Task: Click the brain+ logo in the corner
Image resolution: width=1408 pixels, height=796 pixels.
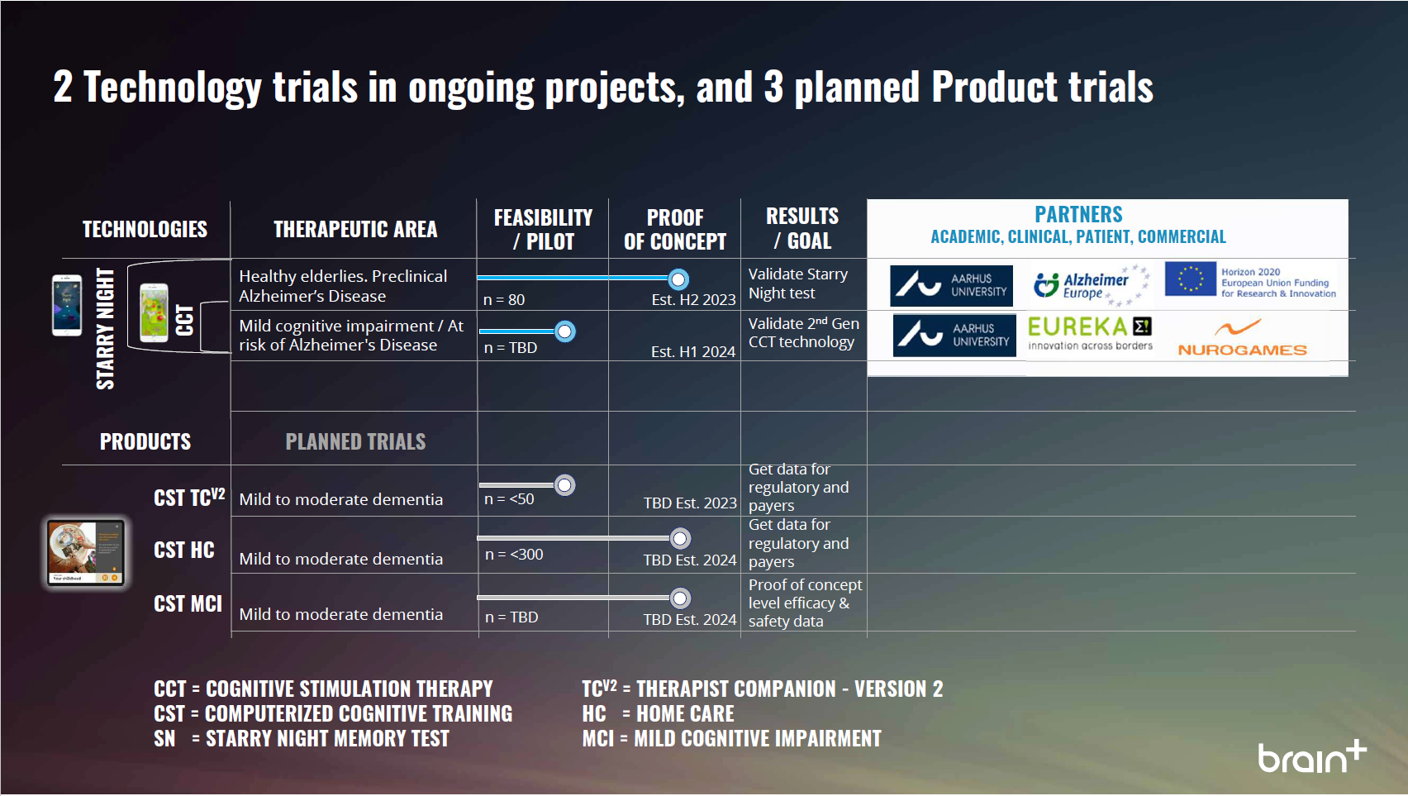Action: click(x=1312, y=755)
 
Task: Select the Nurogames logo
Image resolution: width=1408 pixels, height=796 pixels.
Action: click(x=1242, y=338)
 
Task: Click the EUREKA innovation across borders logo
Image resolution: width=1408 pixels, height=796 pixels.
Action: click(x=1090, y=333)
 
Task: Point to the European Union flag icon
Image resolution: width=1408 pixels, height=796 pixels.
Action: click(x=1190, y=279)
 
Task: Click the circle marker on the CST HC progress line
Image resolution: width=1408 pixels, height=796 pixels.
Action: click(x=679, y=539)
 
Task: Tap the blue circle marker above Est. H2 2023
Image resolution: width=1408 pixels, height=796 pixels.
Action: click(x=678, y=279)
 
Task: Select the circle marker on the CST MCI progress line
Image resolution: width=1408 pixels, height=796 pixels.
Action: click(x=679, y=598)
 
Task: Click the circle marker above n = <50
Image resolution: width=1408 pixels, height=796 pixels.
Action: click(x=564, y=484)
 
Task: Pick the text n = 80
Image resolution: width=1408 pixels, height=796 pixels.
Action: click(x=504, y=300)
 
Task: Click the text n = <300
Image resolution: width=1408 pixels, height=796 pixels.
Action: click(x=514, y=555)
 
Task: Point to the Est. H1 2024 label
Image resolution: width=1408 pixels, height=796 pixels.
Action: click(x=693, y=351)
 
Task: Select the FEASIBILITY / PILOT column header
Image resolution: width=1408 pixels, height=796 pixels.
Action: click(x=543, y=230)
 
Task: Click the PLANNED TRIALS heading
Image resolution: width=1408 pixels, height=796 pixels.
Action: click(x=356, y=441)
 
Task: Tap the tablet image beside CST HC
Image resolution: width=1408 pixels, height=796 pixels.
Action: click(x=86, y=553)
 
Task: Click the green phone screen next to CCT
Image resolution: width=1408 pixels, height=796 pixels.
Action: click(x=154, y=312)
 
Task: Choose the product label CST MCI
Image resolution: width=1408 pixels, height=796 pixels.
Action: click(x=188, y=603)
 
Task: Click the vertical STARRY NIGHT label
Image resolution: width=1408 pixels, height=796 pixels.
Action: click(x=105, y=329)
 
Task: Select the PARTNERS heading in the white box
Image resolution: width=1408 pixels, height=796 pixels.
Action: click(x=1078, y=214)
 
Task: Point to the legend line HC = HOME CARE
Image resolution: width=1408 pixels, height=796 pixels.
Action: click(x=658, y=713)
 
